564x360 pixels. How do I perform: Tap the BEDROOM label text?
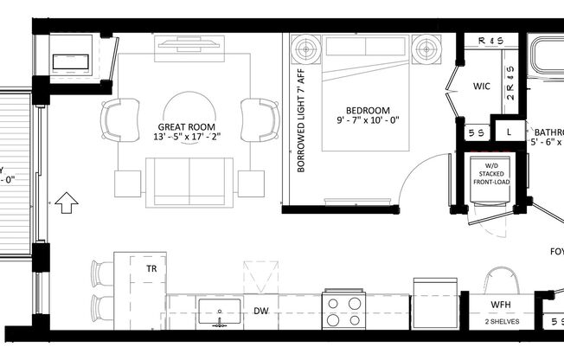coord(367,110)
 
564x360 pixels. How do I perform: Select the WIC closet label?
coord(482,87)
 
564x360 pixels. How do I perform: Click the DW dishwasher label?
coord(260,311)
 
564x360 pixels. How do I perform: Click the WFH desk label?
coord(502,305)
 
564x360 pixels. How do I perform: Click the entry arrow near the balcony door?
coord(67,204)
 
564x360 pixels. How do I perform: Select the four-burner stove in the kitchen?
coord(343,311)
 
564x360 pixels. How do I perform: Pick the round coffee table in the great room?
coord(189,114)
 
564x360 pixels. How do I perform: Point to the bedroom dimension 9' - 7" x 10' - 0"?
coord(367,122)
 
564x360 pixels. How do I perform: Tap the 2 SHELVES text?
coord(501,322)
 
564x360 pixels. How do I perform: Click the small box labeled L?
coord(509,132)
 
